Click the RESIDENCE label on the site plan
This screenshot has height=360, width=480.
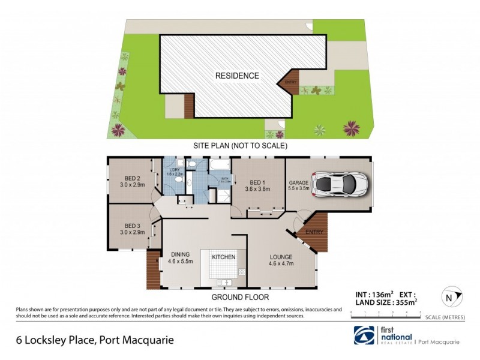tap(238, 76)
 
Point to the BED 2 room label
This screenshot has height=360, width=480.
tap(133, 181)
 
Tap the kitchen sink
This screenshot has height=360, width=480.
tap(227, 282)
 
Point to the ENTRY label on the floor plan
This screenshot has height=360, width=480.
tap(314, 232)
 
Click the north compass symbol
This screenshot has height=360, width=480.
tap(449, 296)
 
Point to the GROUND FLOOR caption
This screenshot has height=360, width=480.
tap(239, 297)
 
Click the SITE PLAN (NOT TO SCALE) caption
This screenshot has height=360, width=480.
tap(239, 145)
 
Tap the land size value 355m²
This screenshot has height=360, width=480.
tap(404, 303)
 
